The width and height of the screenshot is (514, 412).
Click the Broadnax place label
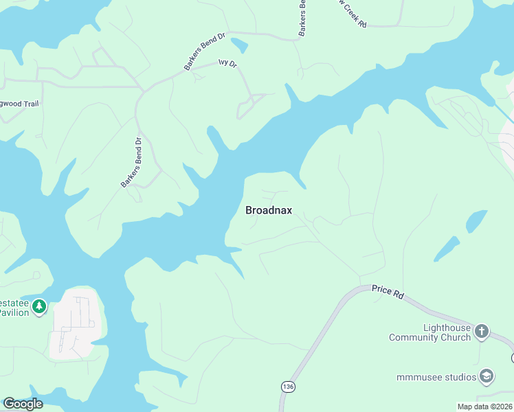coord(269,210)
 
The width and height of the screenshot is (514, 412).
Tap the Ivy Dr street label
coord(227,63)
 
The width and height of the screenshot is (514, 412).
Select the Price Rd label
coord(388,292)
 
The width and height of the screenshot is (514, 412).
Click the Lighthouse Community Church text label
coord(430,333)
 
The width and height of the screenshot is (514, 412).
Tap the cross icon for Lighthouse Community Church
coord(482,332)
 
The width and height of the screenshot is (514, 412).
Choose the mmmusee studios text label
coord(436,377)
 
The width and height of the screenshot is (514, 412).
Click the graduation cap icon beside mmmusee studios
coord(487,376)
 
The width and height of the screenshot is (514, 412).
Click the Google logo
coord(23,404)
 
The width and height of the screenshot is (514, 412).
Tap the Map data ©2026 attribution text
coord(484,407)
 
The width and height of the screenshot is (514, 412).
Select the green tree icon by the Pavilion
coord(40,306)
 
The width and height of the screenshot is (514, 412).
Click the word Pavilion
coord(14,313)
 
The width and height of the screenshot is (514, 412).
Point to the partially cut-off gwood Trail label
coord(20,104)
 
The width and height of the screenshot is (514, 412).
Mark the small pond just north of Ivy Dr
coord(240,46)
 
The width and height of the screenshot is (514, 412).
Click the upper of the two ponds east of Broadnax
coord(476,221)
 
